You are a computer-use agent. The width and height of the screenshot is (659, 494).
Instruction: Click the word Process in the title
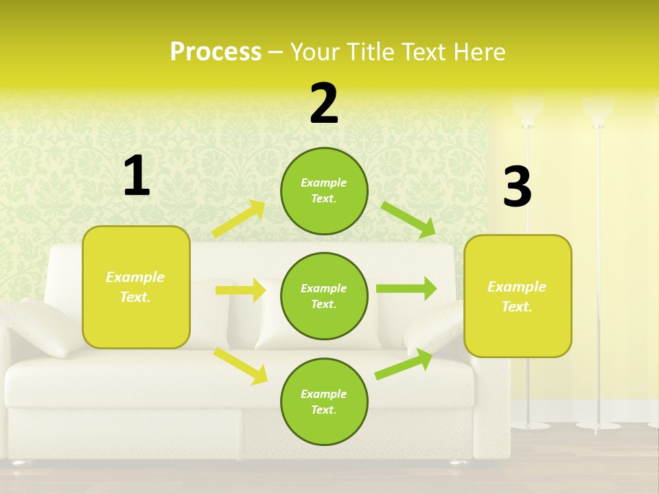(216, 51)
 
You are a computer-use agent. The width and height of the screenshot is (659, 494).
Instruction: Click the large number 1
(137, 176)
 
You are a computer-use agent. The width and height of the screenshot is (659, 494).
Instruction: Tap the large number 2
(324, 104)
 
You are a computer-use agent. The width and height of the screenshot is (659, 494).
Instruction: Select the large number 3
(518, 187)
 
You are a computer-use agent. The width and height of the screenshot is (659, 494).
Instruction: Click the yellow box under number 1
(136, 287)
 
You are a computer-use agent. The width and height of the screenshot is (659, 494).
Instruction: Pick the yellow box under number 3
(518, 296)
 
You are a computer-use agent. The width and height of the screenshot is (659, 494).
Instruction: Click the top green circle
(324, 191)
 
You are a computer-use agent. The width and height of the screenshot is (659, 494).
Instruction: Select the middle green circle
(324, 296)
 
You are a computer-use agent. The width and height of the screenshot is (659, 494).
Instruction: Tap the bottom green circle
(324, 402)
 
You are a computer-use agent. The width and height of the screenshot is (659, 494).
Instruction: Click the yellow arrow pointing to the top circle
(239, 218)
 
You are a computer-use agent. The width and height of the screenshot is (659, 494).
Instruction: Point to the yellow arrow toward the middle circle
(240, 290)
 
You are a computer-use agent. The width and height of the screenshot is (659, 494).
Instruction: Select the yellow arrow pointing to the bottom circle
(240, 365)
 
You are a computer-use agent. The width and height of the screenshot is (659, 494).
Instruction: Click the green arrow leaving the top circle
(408, 219)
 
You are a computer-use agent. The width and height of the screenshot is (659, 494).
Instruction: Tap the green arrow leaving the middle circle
(406, 288)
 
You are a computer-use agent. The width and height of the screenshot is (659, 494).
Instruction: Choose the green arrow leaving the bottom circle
(404, 364)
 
